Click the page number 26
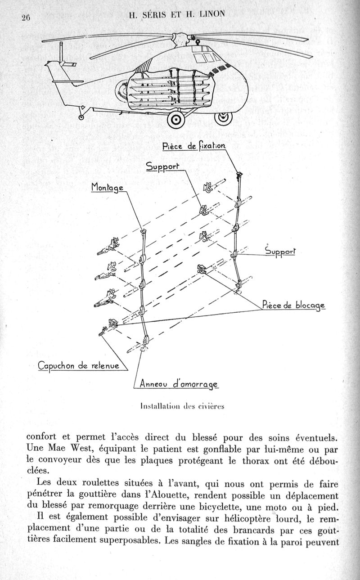[25, 18]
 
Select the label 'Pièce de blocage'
[293, 306]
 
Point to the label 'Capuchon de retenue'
[79, 366]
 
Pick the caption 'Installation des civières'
[182, 406]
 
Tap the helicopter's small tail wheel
[81, 117]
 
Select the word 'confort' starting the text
[41, 437]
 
